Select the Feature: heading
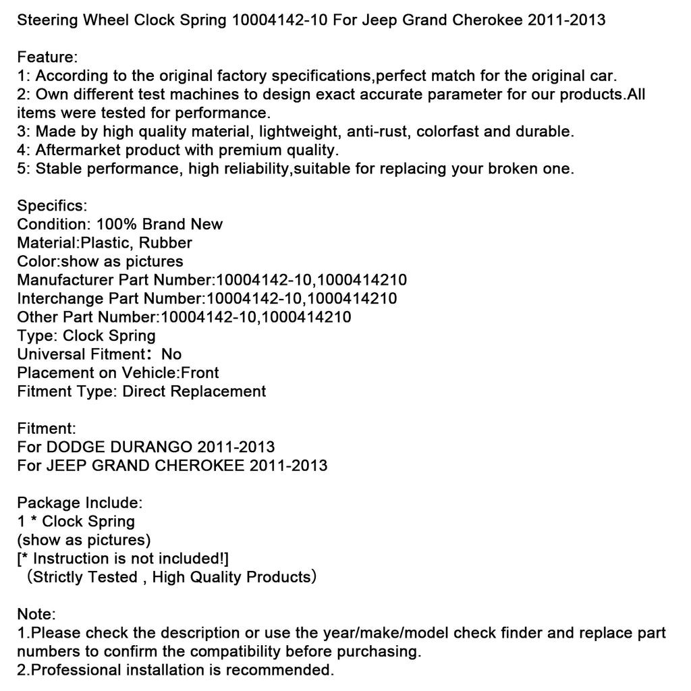46,57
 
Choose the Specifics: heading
52,205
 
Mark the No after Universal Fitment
171,354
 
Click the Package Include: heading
80,503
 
